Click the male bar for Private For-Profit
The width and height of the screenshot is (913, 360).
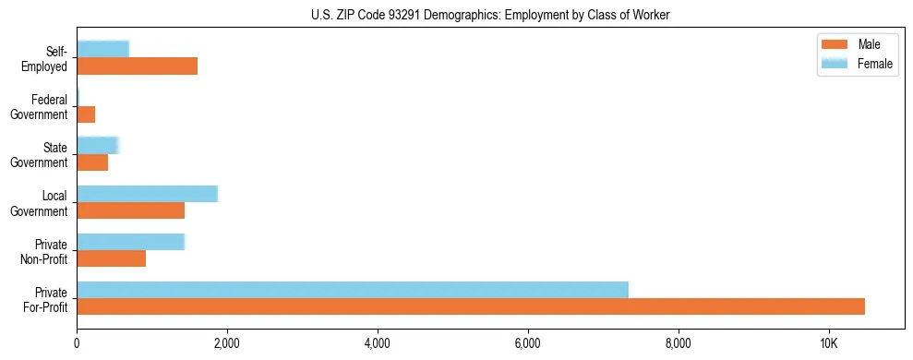471,306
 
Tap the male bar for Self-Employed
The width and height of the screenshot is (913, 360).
137,66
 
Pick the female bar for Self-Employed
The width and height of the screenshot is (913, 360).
102,49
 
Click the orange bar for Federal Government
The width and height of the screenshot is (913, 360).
86,114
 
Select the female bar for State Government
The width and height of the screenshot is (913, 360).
98,145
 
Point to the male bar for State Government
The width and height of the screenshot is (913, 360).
92,162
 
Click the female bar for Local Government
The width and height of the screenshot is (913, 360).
147,193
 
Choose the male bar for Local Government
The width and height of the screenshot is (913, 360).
130,210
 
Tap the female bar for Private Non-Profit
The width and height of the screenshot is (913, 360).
130,241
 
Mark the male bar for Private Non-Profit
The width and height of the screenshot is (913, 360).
111,258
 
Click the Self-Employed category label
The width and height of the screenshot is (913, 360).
48,58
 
